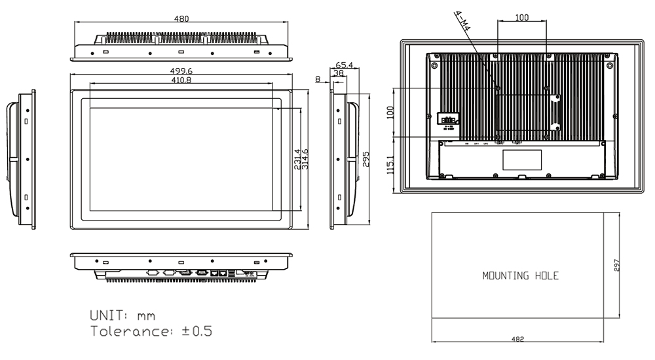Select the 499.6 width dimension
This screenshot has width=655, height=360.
point(180,71)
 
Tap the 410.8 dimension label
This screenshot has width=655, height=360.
point(180,80)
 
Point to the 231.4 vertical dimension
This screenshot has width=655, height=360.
point(297,160)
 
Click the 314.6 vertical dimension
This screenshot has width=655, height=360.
point(305,160)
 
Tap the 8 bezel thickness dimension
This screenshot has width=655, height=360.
point(318,79)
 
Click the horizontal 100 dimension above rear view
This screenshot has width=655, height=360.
point(521,18)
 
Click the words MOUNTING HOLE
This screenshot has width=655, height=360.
point(521,276)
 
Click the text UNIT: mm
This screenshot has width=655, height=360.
point(122,315)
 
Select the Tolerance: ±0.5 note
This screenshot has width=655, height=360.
point(150,331)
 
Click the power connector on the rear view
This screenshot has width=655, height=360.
point(447,119)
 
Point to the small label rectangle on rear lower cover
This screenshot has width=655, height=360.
point(522,160)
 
